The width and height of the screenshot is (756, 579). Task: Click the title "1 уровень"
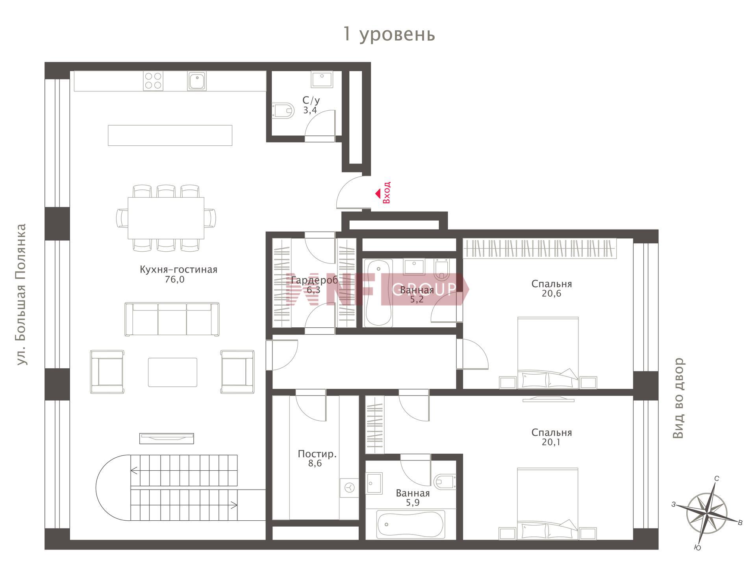tap(389, 34)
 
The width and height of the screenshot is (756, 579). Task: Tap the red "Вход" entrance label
tap(387, 193)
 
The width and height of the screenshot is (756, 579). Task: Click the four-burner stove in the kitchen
tap(153, 81)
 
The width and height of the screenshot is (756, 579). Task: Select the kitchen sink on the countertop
tap(197, 81)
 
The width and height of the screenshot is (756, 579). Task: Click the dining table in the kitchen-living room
tap(166, 218)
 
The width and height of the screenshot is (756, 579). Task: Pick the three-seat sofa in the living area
tap(172, 319)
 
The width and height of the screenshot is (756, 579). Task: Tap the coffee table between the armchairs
tap(172, 372)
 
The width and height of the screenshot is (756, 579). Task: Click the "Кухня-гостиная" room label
tap(178, 270)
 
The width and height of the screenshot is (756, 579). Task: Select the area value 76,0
tap(175, 280)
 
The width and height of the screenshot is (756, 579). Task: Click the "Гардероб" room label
tap(314, 280)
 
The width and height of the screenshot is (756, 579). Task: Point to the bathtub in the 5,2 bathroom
tap(378, 293)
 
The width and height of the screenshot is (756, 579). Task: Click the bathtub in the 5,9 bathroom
tap(411, 524)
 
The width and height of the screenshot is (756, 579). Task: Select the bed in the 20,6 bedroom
tap(548, 353)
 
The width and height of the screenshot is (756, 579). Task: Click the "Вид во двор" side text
tap(678, 398)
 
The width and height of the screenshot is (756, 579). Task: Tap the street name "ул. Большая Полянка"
tap(21, 294)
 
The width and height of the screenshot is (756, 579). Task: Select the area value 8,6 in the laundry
tap(315, 464)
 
